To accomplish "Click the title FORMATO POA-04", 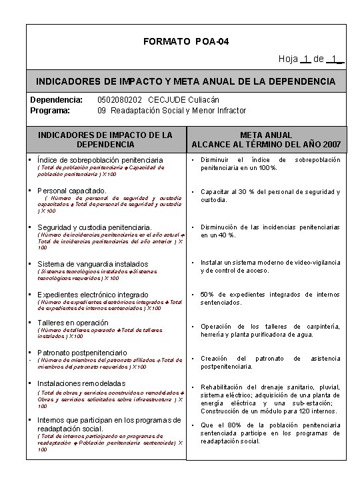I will point(186,42).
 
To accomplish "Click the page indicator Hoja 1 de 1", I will point(311,59).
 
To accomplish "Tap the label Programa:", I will point(51,110).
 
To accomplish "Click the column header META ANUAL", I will point(266,135).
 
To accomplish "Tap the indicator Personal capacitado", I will point(72,191).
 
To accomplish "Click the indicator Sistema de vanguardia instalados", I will point(93,263).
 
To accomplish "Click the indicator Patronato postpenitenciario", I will point(82,352).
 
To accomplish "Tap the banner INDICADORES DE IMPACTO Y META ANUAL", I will point(186,81).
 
